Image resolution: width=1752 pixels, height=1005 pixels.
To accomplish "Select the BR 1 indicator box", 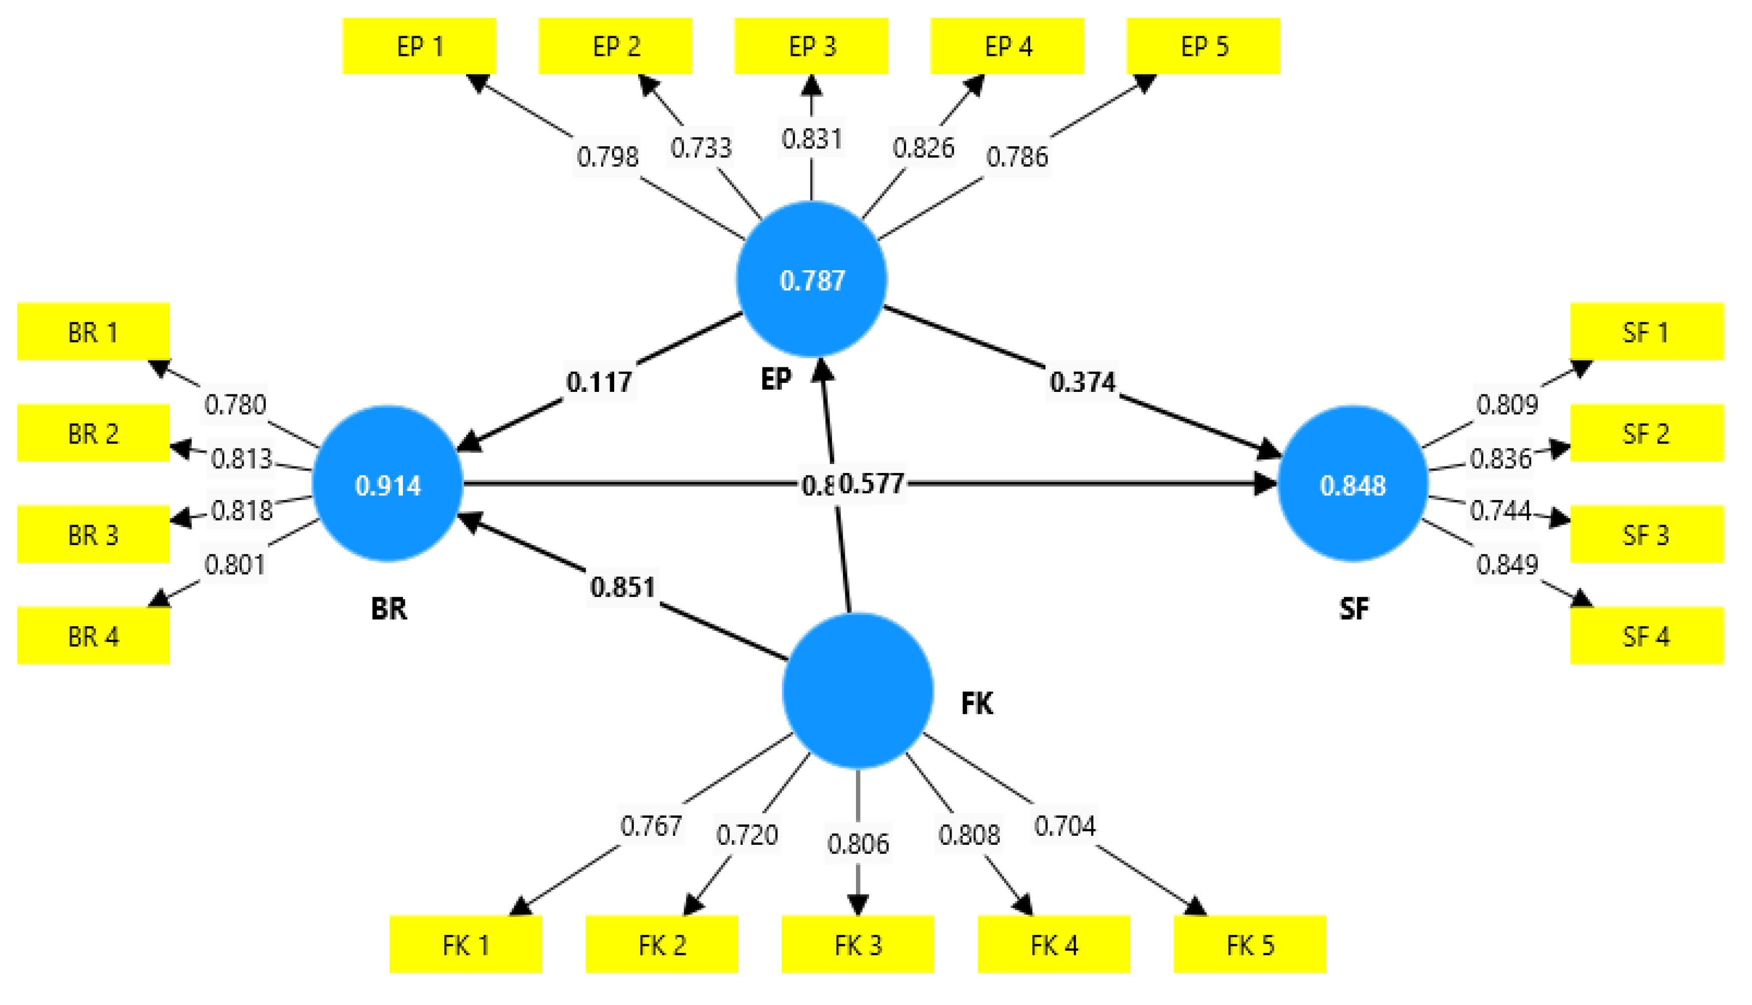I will click(93, 331).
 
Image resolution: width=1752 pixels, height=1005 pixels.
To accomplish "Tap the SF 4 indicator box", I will click(1646, 635).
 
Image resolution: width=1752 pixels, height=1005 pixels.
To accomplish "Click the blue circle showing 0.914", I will click(387, 484).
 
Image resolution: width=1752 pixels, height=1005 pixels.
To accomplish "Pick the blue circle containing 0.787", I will click(812, 280).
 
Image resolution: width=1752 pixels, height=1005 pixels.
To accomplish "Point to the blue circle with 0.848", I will click(1353, 484).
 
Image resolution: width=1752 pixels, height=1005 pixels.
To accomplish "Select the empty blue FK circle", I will click(857, 690).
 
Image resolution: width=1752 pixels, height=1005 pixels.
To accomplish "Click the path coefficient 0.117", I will click(599, 382).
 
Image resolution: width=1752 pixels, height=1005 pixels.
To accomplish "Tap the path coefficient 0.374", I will click(1082, 382).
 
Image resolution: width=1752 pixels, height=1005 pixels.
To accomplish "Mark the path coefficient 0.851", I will click(623, 587).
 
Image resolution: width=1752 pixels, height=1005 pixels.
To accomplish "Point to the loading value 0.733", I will click(701, 148).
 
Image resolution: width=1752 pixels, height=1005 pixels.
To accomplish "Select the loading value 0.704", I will click(1064, 825).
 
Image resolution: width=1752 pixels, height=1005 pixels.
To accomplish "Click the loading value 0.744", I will click(1500, 511).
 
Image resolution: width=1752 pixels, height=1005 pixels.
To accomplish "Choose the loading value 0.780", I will click(235, 404).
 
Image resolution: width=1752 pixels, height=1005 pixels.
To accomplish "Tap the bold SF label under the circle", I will click(1354, 608).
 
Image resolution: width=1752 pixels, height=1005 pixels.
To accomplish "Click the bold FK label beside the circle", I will click(977, 703).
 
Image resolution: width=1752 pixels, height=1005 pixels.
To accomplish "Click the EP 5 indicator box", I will click(1204, 46).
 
